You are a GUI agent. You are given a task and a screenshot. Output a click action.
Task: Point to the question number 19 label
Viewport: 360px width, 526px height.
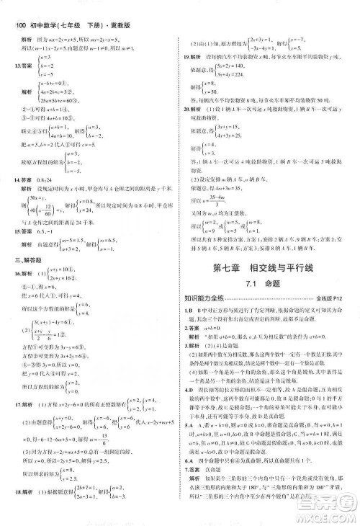[189, 55]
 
